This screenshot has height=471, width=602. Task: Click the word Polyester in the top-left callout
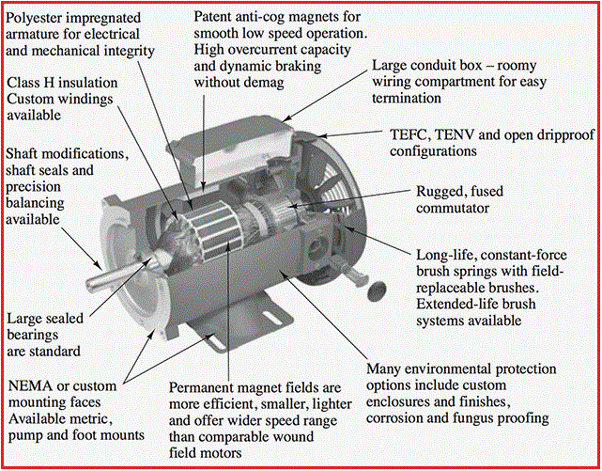click(x=39, y=17)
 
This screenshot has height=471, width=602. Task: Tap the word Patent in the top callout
click(x=216, y=17)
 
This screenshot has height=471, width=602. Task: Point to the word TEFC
click(x=409, y=134)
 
